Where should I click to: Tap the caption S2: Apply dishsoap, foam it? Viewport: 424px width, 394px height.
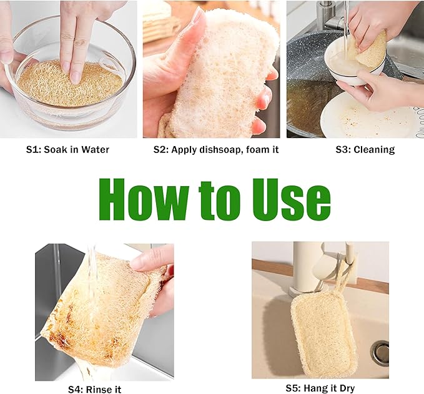[x=215, y=149]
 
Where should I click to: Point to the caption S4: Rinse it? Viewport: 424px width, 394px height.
[x=94, y=390]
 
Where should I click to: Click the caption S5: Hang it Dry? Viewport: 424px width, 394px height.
[x=320, y=388]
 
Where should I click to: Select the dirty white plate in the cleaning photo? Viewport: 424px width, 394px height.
[x=375, y=119]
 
